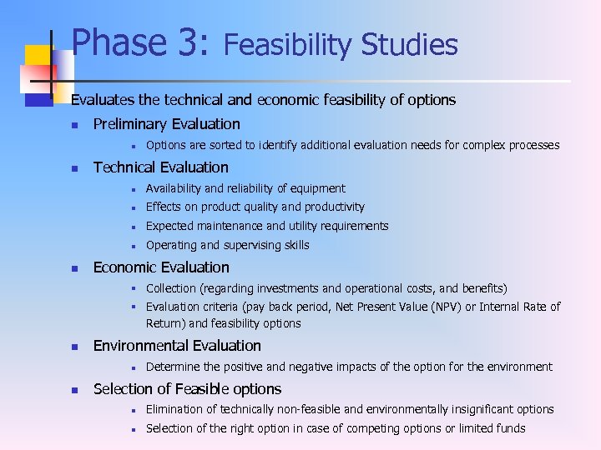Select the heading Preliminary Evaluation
coord(166,124)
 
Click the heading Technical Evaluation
coord(160,167)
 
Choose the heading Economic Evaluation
coord(161,267)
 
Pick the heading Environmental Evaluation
coord(177,346)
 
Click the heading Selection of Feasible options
coord(187,389)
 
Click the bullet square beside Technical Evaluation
coord(74,168)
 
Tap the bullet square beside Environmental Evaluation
coord(74,347)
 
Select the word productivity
coord(334,207)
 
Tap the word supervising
coord(252,245)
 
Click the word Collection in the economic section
coord(172,288)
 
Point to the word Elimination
coord(174,409)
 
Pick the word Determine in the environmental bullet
coord(173,367)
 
